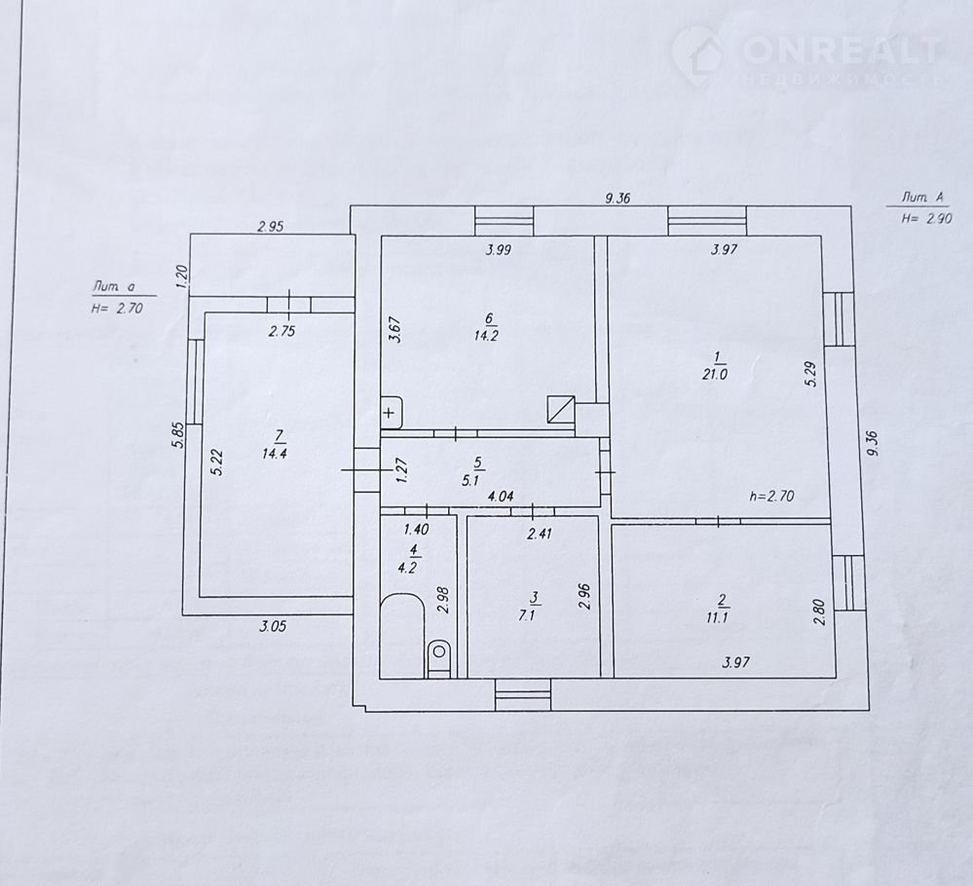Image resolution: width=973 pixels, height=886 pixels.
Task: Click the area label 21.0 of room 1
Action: (x=715, y=375)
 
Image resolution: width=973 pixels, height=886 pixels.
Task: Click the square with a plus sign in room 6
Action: (x=392, y=412)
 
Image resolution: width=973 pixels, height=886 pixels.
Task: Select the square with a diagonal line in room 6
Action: (x=561, y=410)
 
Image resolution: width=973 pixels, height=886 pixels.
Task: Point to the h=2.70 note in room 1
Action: (x=772, y=497)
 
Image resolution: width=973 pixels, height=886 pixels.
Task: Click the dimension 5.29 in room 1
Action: (x=813, y=374)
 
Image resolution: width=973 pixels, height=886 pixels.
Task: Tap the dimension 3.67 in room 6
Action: (x=395, y=329)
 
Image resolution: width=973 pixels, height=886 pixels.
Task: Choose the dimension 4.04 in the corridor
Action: (x=501, y=497)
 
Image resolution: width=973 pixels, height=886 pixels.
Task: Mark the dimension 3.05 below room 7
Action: (x=273, y=626)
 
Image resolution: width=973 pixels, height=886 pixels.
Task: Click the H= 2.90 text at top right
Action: (x=926, y=218)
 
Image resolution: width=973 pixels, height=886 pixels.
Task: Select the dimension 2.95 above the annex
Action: (x=271, y=227)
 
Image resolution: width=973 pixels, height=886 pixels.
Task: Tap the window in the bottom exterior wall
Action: (x=523, y=694)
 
